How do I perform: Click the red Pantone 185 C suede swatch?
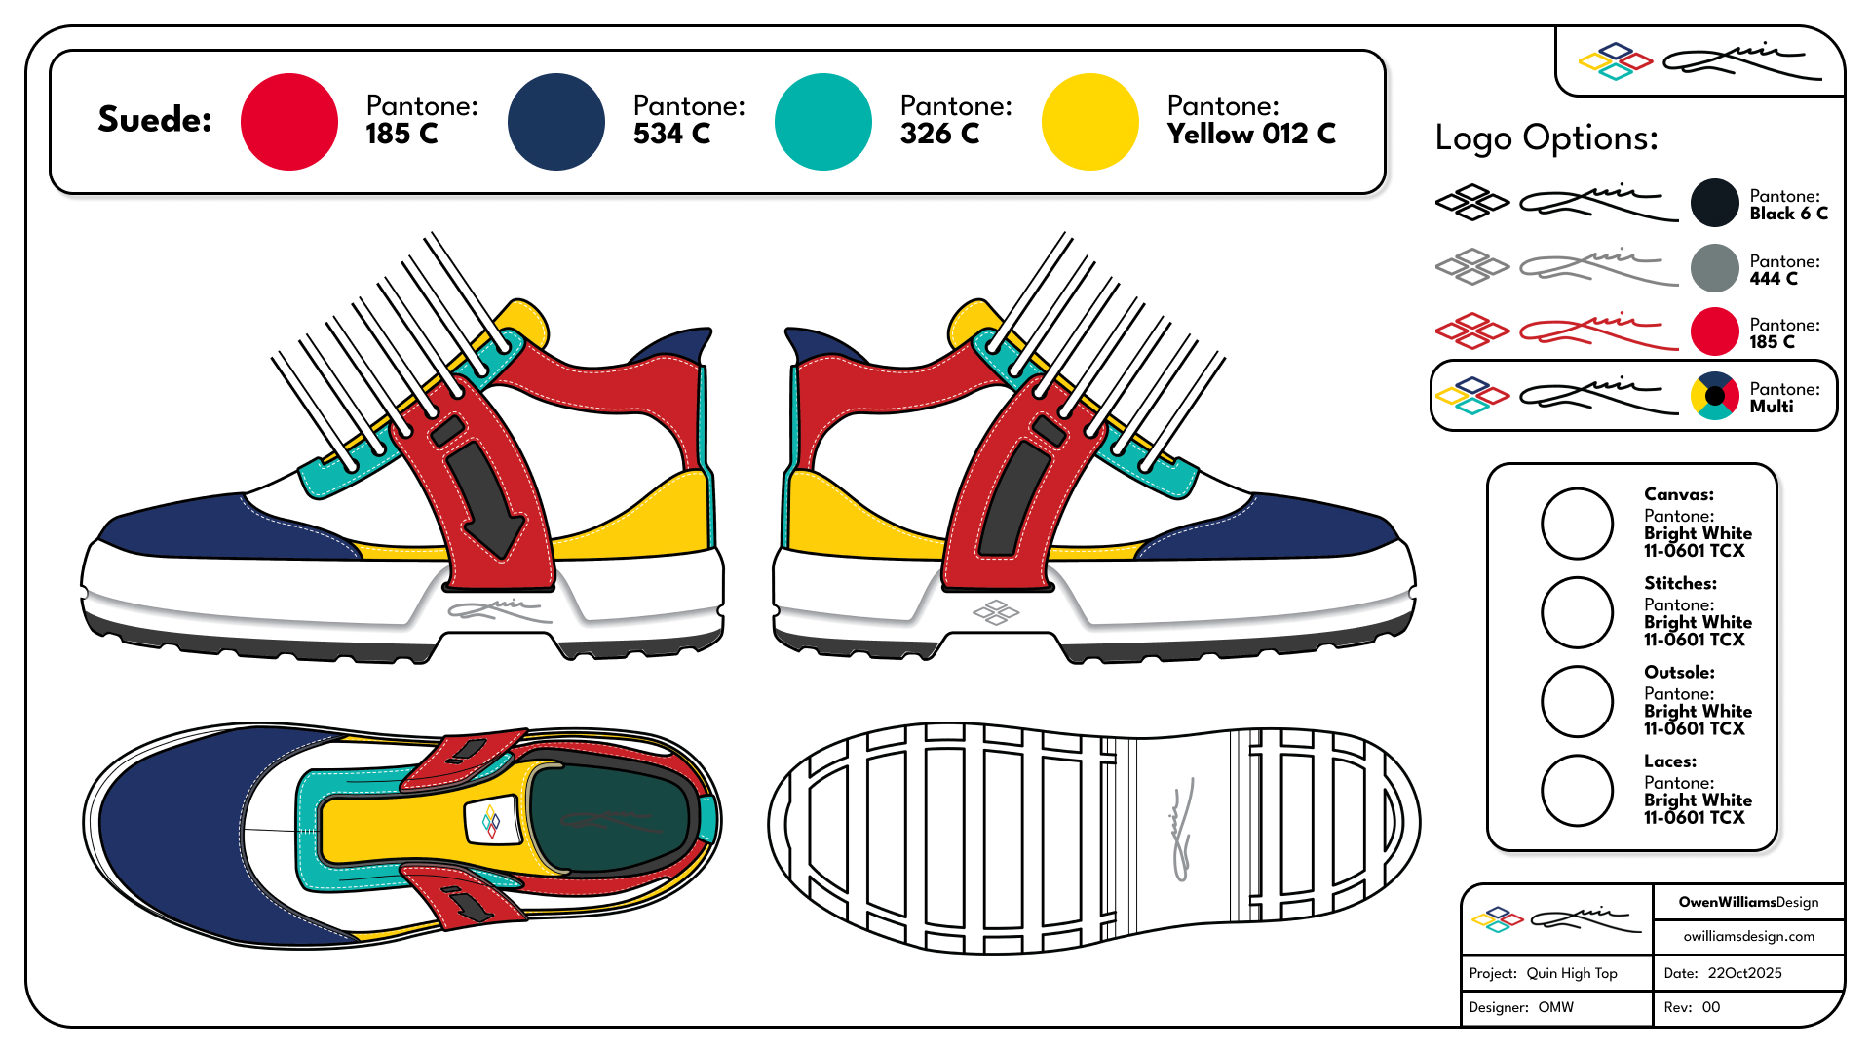click(289, 122)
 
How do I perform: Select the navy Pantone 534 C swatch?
click(556, 122)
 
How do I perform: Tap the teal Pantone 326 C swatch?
click(823, 122)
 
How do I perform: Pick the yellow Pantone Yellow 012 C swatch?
click(1090, 122)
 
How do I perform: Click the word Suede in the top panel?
click(155, 119)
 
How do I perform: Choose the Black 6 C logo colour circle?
click(1714, 204)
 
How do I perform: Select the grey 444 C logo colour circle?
click(1714, 268)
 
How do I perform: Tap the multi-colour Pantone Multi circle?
click(1714, 396)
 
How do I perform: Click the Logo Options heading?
click(1546, 138)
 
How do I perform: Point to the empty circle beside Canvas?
click(1577, 524)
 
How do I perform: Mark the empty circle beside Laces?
click(1577, 791)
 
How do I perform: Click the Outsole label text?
click(1679, 673)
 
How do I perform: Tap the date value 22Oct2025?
click(1744, 973)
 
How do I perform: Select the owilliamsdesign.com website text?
click(1748, 936)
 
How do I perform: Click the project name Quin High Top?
click(1571, 973)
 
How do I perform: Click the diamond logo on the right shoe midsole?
click(996, 612)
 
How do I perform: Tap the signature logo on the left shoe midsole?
click(498, 610)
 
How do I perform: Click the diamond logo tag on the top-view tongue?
click(492, 821)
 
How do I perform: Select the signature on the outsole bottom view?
click(1182, 830)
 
